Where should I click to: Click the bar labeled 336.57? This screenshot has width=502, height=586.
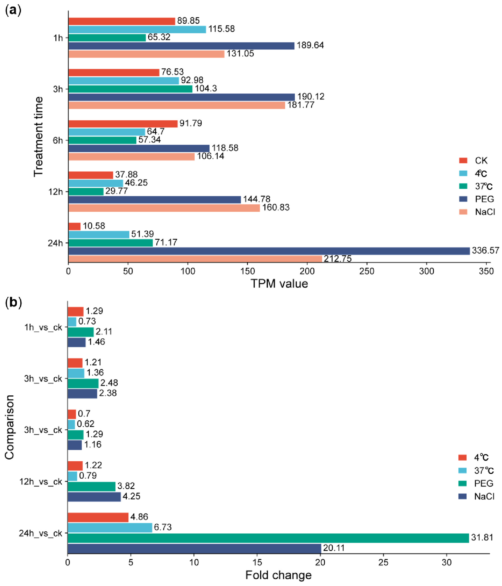269,251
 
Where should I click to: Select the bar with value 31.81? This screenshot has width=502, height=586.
268,538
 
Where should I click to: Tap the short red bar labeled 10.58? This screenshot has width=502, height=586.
74,226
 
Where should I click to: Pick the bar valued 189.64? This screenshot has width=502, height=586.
181,46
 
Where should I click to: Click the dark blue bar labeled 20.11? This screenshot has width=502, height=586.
194,548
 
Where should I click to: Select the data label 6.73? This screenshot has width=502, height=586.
163,527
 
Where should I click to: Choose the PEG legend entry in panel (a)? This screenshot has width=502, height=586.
477,199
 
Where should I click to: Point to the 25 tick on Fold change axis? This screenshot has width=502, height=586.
384,562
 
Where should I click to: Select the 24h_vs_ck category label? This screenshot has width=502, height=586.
40,533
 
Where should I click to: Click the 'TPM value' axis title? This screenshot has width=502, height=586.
279,284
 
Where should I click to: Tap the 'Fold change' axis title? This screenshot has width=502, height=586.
278,575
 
